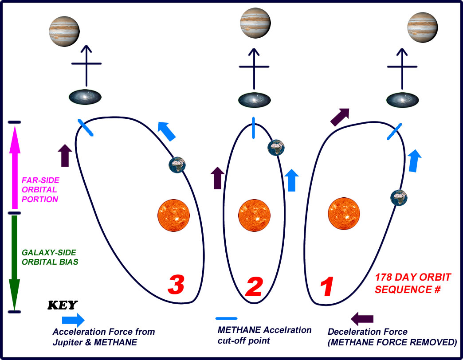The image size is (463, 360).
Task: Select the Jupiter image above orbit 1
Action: pyautogui.click(x=422, y=26)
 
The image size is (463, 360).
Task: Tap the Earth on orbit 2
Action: pyautogui.click(x=276, y=148)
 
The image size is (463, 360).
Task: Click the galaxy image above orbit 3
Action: pyautogui.click(x=86, y=98)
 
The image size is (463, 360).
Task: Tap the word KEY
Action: pyautogui.click(x=62, y=305)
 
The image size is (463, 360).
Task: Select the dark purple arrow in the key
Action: pyautogui.click(x=362, y=318)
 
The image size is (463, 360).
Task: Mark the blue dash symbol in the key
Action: pyautogui.click(x=226, y=318)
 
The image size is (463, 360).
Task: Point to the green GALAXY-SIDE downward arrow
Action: pyautogui.click(x=15, y=262)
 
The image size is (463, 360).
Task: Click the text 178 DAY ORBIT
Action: pyautogui.click(x=413, y=278)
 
